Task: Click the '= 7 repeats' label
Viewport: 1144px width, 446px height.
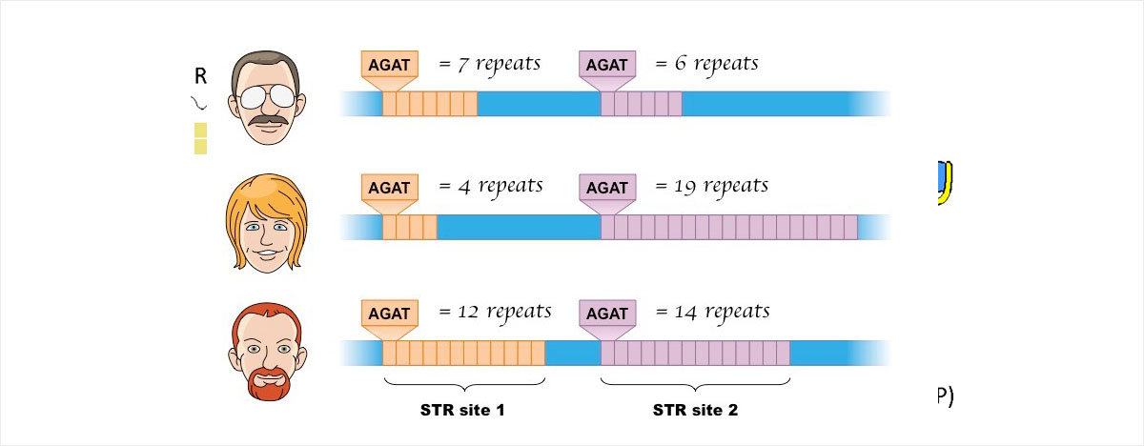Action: point(489,65)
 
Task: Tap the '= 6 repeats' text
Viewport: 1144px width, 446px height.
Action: point(706,65)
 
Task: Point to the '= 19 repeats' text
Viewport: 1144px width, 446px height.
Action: point(711,186)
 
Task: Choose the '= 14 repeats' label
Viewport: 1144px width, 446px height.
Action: point(712,312)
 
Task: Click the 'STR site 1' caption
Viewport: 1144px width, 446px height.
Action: point(462,412)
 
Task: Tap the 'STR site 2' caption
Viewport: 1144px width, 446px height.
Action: point(695,412)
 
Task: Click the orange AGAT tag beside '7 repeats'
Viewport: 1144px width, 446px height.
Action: point(389,65)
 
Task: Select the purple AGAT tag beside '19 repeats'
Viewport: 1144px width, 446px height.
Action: point(607,188)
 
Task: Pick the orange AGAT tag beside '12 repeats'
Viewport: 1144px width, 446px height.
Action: point(389,314)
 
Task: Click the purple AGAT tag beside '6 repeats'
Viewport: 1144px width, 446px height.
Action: point(607,65)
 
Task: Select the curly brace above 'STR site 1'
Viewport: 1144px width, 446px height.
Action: point(463,384)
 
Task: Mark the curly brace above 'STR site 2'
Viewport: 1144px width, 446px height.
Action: point(695,384)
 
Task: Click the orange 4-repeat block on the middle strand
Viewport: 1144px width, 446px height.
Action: point(409,227)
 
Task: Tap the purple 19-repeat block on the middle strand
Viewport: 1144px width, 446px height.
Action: point(728,227)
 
